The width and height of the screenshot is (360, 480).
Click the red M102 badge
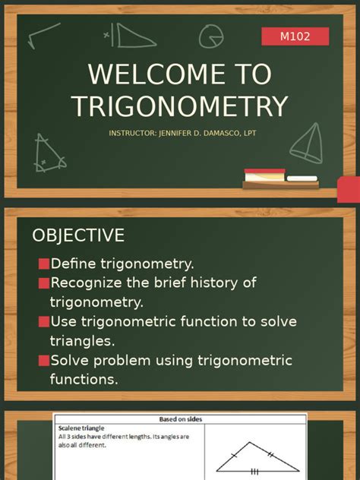pos(295,36)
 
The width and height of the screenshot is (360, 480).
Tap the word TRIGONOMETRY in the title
pos(180,106)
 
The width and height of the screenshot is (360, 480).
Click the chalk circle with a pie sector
pos(210,36)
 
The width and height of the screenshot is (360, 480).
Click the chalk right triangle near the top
pos(125,35)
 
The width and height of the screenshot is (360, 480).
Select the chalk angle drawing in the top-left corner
pos(44,33)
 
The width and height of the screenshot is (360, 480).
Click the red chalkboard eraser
pos(264,175)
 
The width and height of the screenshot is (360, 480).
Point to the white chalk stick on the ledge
pos(302,178)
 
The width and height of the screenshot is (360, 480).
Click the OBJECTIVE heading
pos(78,235)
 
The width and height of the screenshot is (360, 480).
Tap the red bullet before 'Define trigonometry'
pos(44,264)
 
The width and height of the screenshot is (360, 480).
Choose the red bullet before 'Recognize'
pos(44,283)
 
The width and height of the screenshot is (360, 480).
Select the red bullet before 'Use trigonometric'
pos(44,322)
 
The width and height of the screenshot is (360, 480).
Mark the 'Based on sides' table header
pos(180,419)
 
